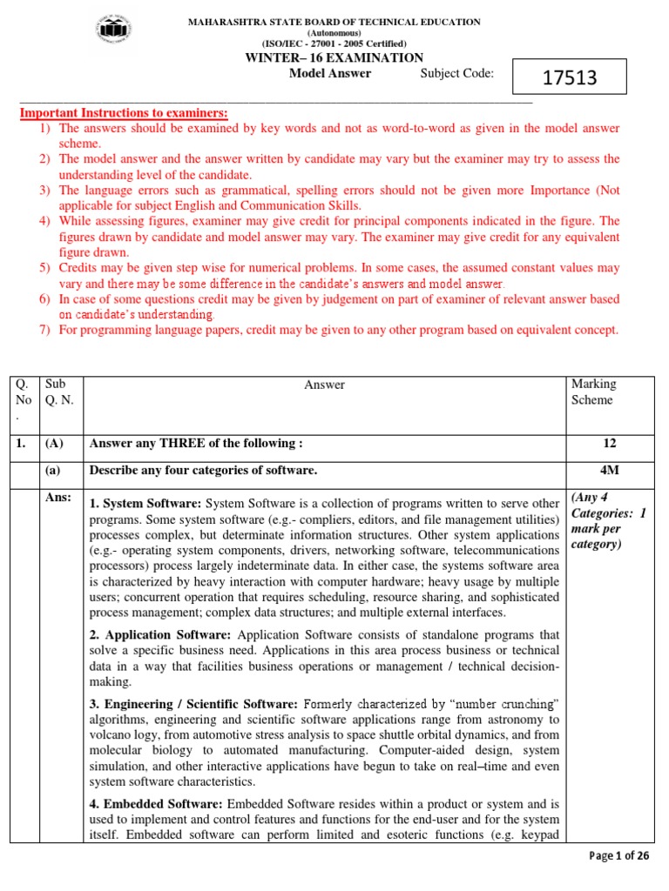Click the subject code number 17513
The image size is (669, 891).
click(x=570, y=77)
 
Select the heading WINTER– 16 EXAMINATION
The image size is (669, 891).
click(x=334, y=57)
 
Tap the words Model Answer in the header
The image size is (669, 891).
click(x=329, y=73)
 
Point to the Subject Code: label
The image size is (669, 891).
click(x=456, y=73)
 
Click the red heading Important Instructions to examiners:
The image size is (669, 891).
click(x=124, y=113)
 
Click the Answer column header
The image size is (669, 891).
click(x=324, y=384)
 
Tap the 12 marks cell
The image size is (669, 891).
click(x=609, y=444)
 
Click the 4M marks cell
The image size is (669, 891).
click(x=609, y=470)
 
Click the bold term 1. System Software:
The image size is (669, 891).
click(x=145, y=504)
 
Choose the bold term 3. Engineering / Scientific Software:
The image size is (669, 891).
click(x=193, y=703)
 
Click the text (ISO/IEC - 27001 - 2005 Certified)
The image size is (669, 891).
click(x=334, y=43)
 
